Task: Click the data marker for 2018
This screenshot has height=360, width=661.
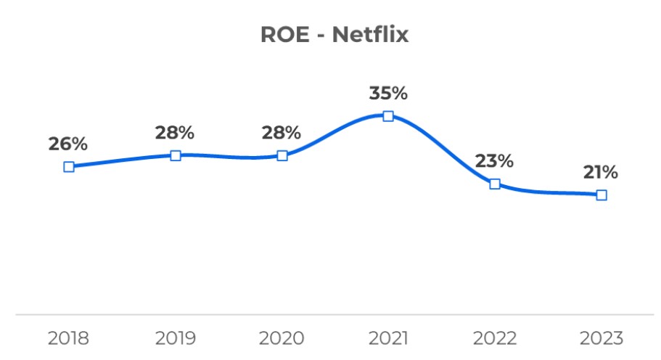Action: coord(69,166)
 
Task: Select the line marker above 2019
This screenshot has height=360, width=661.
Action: coord(176,155)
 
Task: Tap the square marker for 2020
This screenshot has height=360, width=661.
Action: coord(282,155)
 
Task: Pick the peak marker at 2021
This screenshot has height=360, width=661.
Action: coord(388,116)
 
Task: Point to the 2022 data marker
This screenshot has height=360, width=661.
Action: coord(495,184)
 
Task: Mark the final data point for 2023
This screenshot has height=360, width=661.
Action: coord(601,195)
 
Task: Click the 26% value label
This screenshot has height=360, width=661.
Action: coord(68,144)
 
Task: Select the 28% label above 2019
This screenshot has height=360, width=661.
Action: coord(175,133)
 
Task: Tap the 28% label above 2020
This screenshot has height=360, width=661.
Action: coord(282,133)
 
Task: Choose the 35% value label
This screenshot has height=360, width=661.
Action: coord(388,94)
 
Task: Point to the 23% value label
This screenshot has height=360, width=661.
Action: coord(494,161)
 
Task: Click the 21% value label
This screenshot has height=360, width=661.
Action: coord(600,172)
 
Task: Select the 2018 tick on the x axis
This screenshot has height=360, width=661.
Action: coord(68,338)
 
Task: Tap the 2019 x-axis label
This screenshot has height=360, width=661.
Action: coord(175,338)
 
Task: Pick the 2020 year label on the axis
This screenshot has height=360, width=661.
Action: coord(282,338)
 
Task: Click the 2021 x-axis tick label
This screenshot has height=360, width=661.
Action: coord(388,338)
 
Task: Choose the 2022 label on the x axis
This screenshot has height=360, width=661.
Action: coord(494,338)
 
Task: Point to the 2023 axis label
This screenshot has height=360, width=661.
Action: coord(601,338)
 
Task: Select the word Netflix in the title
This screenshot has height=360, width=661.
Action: coord(371,35)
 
